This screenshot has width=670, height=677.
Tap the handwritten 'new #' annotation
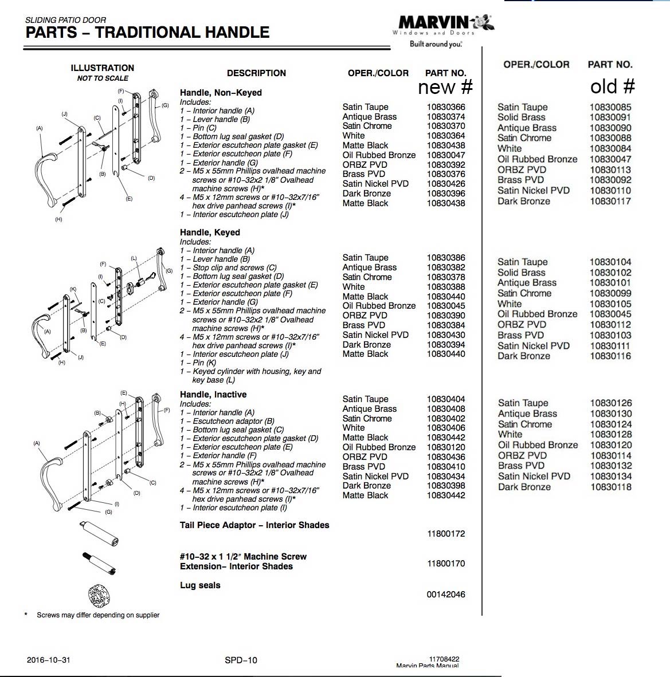pos(445,87)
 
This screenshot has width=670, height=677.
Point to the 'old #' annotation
pos(612,86)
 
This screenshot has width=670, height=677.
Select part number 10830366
pos(445,107)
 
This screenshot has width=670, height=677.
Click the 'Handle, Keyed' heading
pos(210,233)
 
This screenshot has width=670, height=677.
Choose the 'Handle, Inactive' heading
pos(213,395)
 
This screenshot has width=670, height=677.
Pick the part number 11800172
pos(446,534)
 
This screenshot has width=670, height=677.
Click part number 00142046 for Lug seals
pos(446,595)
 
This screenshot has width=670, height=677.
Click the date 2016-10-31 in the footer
pos(48,660)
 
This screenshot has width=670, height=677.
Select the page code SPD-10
pos(241,660)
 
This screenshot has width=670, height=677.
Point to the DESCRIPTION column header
pos(256,73)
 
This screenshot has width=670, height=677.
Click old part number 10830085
pos(610,107)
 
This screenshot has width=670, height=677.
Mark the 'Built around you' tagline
pos(436,44)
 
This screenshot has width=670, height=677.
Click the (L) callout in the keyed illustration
pos(134,259)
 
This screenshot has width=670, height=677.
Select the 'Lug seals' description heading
pos(200,585)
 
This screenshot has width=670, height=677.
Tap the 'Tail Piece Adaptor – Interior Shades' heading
pos(254,525)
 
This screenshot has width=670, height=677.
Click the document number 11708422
pos(444,659)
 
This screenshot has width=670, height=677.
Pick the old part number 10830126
pos(611,403)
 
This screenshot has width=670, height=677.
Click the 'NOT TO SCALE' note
pos(103,78)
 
